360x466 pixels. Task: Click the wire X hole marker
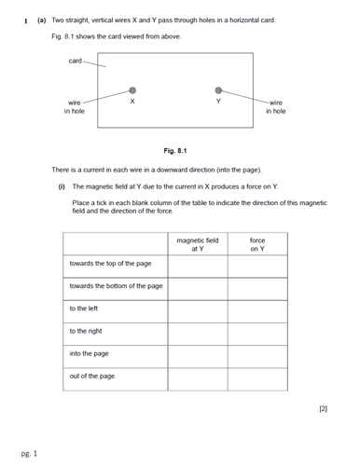click(132, 90)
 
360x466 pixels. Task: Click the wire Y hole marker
click(218, 90)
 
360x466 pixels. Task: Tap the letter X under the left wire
click(132, 101)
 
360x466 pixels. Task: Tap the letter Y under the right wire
click(218, 101)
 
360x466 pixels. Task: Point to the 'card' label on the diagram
click(76, 62)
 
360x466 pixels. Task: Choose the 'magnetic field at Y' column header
click(197, 244)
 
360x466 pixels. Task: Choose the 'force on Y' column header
click(256, 244)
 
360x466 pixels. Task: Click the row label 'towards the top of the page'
click(111, 264)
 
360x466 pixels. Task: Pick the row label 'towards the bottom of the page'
click(116, 286)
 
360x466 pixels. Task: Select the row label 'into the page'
click(89, 353)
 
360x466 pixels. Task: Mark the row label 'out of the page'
click(91, 376)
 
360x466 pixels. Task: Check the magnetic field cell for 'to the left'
click(197, 308)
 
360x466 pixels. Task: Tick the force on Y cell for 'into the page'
click(256, 353)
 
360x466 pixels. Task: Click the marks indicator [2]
click(323, 408)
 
